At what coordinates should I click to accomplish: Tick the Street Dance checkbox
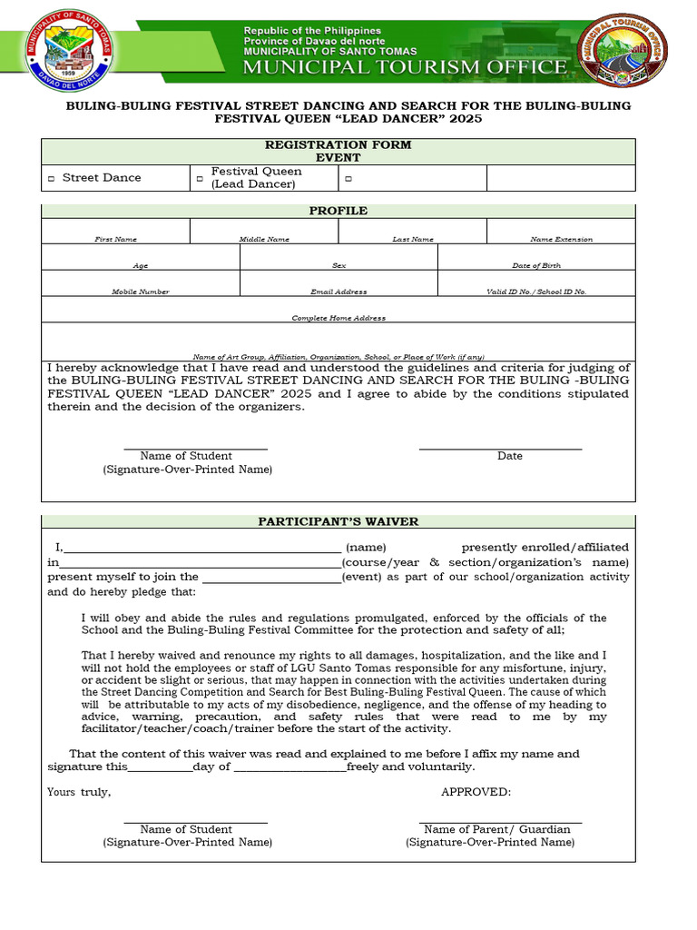click(52, 179)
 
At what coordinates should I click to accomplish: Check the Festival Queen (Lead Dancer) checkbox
click(200, 179)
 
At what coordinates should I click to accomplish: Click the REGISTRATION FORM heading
click(338, 144)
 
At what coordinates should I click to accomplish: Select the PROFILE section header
click(338, 211)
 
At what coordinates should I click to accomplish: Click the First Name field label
click(116, 239)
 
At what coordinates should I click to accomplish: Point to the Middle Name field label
click(264, 239)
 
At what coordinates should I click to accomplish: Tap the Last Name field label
click(413, 239)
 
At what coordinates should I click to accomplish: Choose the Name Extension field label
click(561, 239)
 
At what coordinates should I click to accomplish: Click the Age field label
click(141, 265)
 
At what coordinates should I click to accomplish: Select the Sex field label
click(339, 265)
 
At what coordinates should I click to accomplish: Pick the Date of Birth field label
click(536, 265)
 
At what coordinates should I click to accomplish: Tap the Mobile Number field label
click(141, 292)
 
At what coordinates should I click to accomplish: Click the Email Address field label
click(339, 292)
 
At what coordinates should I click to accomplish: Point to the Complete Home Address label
click(339, 318)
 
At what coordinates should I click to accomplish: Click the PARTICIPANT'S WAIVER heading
click(338, 521)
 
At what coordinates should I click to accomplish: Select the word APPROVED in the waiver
click(476, 792)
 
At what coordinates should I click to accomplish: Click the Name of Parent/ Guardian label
click(497, 829)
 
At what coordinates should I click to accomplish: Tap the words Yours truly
click(79, 792)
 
